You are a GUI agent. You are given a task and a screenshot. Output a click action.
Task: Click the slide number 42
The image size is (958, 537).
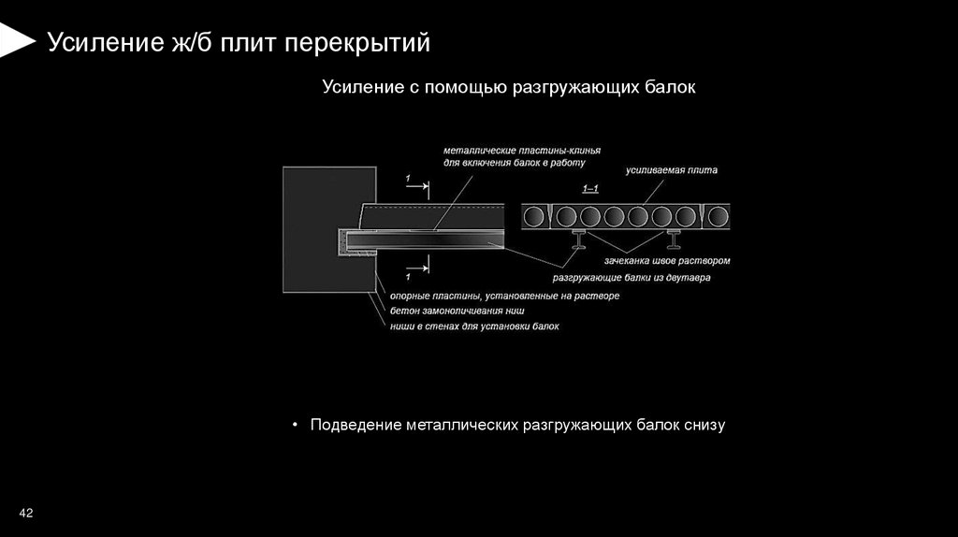tap(26, 514)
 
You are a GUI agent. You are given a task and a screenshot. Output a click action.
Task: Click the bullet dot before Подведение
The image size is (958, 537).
tap(295, 425)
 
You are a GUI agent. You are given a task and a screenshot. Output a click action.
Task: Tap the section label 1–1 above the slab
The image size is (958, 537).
tap(591, 190)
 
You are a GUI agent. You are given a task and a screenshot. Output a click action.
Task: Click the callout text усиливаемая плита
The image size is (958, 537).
tap(672, 171)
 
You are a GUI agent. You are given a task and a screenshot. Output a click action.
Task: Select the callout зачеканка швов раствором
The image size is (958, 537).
tap(667, 260)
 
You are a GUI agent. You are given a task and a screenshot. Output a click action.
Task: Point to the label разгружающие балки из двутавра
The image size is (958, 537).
tap(631, 278)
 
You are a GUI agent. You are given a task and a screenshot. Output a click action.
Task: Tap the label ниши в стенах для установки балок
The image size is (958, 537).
tap(475, 327)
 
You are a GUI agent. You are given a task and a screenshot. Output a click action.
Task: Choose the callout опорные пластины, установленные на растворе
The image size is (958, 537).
tap(504, 296)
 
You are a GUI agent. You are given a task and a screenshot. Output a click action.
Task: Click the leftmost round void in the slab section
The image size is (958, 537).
tap(537, 218)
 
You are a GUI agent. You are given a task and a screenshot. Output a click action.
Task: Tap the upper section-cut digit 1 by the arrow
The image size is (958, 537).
tap(408, 178)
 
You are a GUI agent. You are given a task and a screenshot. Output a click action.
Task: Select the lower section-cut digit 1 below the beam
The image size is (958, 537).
tap(408, 278)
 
